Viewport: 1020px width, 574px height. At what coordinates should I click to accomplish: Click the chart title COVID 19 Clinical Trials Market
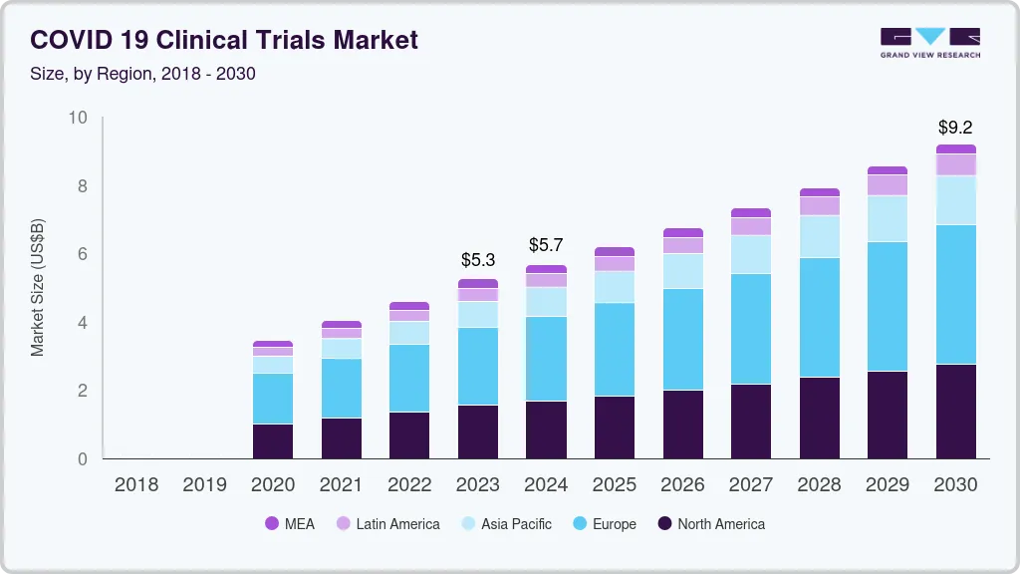224,40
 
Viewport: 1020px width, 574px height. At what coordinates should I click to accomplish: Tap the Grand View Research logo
929,43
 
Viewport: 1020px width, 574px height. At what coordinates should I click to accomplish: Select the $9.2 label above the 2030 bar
955,128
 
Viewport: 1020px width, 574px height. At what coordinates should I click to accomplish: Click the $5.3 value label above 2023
478,260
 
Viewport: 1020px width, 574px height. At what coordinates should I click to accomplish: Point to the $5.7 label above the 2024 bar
546,245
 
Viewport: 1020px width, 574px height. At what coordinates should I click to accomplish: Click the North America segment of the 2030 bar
955,412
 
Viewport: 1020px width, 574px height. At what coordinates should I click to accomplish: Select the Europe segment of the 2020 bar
273,399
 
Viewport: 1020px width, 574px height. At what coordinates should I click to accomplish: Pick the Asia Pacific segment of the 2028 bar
819,237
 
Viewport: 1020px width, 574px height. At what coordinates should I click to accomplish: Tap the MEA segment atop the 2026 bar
682,233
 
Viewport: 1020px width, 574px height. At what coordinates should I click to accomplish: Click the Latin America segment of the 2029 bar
887,185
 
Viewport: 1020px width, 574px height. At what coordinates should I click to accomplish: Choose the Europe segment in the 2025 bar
615,350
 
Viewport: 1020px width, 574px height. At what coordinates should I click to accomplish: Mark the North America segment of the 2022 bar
409,435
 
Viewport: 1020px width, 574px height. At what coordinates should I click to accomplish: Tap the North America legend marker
663,524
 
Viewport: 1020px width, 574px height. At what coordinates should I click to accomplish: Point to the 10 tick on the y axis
78,119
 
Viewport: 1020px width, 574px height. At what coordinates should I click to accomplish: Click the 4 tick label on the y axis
83,323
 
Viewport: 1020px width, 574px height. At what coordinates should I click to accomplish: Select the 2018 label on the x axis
136,485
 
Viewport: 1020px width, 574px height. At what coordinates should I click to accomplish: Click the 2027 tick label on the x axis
750,485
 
